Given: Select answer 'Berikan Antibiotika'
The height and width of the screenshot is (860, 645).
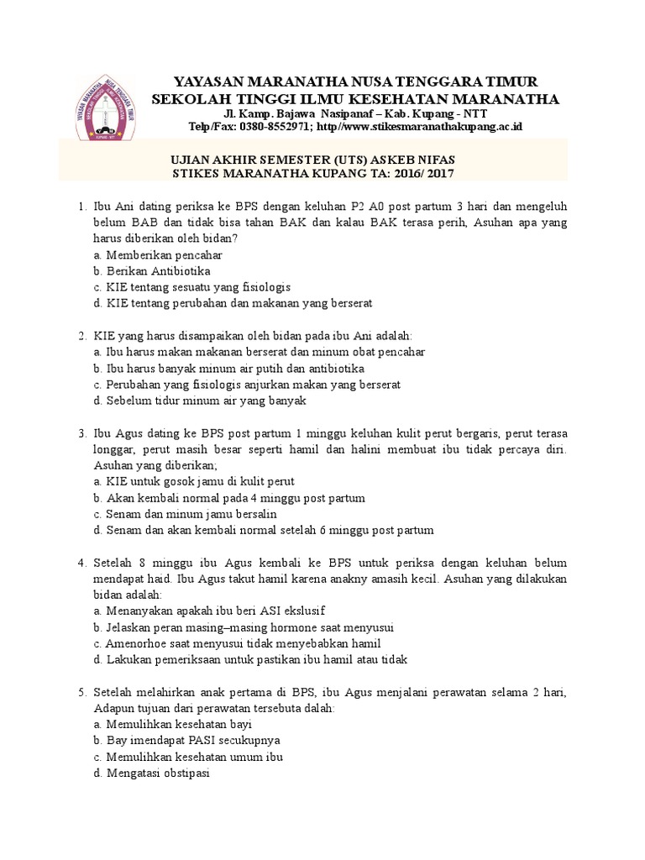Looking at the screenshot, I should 158,270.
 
